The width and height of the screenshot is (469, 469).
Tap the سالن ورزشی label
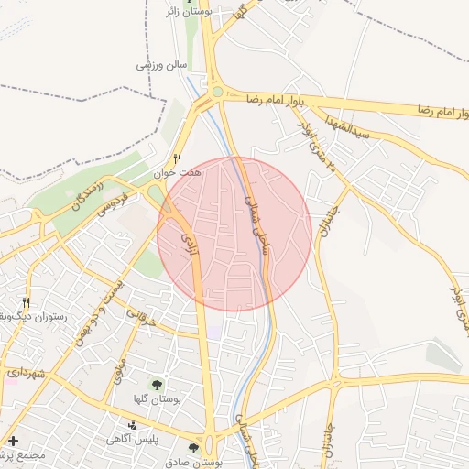161,66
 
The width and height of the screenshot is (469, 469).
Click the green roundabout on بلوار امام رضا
217,92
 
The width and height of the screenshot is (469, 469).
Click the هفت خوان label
177,171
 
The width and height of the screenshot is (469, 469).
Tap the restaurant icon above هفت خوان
178,157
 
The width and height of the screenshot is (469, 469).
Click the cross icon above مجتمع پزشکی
13,441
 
